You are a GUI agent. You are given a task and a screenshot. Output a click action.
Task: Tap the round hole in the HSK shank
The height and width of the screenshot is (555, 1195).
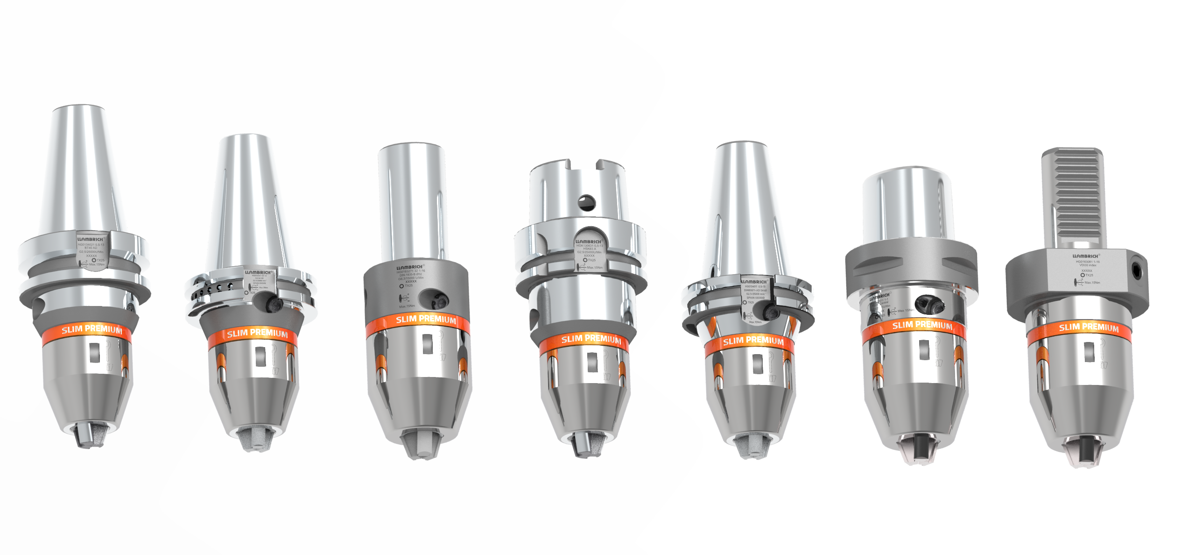coord(586,202)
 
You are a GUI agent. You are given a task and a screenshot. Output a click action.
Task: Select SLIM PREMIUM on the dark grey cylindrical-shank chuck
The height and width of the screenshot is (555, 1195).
coord(426,320)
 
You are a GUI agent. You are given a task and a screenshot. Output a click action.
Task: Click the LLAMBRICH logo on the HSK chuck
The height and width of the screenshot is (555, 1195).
coord(589,242)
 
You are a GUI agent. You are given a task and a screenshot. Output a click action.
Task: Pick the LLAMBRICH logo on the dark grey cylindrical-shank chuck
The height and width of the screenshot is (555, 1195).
coord(410,267)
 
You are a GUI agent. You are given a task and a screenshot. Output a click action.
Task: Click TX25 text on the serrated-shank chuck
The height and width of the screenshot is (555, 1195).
coord(1090,275)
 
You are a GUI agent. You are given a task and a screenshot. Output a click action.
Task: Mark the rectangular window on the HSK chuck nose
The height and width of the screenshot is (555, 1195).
coord(592,362)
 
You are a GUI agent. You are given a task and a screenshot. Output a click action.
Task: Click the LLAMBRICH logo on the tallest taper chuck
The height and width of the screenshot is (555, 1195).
coord(90,239)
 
